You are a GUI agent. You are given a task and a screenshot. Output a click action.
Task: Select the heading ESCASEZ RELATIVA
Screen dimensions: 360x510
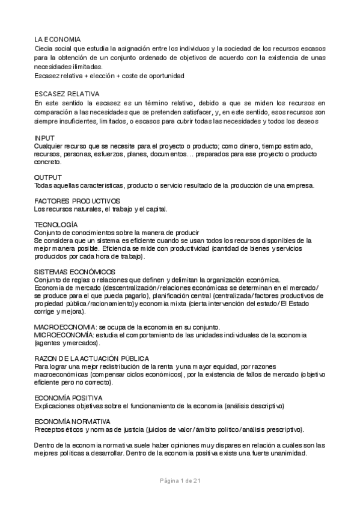coord(67,94)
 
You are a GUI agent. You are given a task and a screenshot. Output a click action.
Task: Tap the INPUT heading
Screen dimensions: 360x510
coord(44,138)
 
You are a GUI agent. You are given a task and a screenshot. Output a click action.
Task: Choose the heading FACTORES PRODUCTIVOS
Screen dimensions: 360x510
coord(78,200)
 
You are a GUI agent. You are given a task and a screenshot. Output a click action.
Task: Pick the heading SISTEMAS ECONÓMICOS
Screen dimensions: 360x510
coord(75,272)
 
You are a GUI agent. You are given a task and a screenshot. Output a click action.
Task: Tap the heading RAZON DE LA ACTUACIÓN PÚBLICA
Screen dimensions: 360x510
coord(92,358)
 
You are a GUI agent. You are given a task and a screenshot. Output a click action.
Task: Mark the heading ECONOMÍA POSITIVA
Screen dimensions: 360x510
coord(69,398)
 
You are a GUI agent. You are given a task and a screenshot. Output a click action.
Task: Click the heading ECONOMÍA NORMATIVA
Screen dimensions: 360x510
coord(72,422)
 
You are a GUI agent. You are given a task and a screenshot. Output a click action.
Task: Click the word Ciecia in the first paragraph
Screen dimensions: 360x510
coord(44,48)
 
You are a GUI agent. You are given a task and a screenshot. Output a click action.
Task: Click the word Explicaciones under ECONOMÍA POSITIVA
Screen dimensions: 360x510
coord(56,406)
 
